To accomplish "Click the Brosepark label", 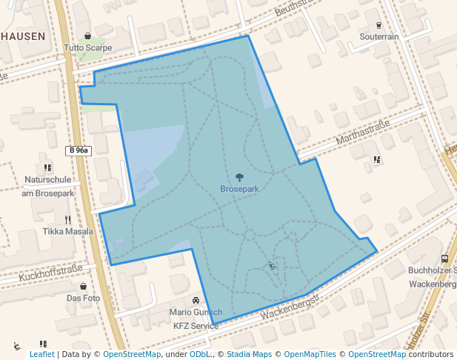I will (239, 189).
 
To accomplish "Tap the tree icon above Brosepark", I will (239, 177).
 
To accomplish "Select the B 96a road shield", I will (78, 150).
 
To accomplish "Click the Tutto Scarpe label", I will (87, 47).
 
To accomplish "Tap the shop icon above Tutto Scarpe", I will (87, 36).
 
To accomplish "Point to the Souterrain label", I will (378, 36).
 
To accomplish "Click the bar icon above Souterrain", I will (378, 24).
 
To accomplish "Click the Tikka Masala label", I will (68, 231).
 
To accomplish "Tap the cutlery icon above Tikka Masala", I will (67, 219).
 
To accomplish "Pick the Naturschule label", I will (47, 179).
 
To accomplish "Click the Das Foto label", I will (83, 298).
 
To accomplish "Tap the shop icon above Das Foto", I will (83, 286).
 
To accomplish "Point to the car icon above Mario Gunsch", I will (196, 301).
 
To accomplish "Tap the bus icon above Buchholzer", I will (444, 259).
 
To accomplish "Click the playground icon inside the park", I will (273, 266).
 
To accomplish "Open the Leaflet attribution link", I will (42, 354).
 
